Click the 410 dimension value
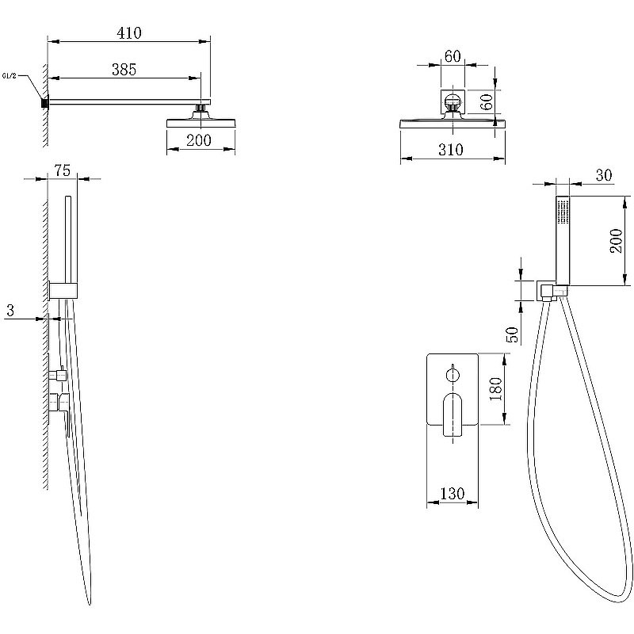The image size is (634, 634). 129,32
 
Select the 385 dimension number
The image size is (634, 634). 124,70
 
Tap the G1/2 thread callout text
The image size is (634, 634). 10,75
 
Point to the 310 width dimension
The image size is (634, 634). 450,150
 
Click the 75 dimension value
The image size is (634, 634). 63,170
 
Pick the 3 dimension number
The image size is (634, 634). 10,310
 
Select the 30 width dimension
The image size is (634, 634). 604,175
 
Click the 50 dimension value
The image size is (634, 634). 512,334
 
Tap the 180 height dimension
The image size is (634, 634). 495,389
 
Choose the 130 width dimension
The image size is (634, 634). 452,494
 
